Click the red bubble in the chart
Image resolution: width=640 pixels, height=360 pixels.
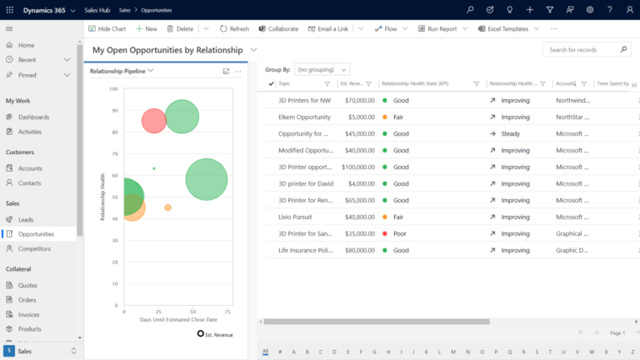153,121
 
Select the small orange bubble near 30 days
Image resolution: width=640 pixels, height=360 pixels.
167,207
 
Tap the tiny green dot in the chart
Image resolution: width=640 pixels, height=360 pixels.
154,168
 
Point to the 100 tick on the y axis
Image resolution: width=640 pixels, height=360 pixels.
114,88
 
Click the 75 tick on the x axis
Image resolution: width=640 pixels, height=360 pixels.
227,311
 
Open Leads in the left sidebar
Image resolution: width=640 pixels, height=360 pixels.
26,219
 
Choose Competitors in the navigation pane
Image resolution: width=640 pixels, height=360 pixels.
34,248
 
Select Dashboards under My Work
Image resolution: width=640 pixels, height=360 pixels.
33,117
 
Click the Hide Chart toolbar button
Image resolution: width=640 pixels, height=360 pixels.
107,28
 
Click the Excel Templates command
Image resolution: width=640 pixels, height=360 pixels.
507,28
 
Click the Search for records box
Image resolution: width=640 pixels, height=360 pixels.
586,50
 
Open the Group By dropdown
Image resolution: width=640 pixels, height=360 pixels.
322,69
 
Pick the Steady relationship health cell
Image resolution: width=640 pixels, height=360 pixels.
510,133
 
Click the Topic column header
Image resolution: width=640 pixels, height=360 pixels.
285,84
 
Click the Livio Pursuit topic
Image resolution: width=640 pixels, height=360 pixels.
296,217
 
